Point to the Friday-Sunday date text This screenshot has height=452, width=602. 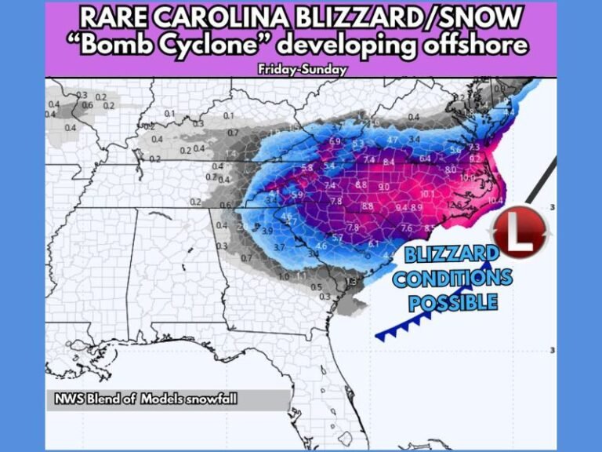coord(302,69)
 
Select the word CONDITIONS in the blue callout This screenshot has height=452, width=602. coord(453,277)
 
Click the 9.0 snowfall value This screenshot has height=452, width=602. coord(384,187)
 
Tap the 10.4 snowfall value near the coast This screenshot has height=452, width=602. coord(495,201)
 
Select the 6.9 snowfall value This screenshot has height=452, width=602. coord(335,141)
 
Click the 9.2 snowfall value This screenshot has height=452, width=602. coord(475,159)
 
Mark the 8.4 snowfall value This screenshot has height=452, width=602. coord(388,162)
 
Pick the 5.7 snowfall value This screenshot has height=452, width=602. coord(338,237)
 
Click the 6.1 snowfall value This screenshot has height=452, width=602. coord(373,243)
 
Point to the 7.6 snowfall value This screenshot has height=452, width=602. coord(406,228)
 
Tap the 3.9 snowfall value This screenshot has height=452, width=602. coord(267,231)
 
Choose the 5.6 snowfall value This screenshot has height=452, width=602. coord(455,150)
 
